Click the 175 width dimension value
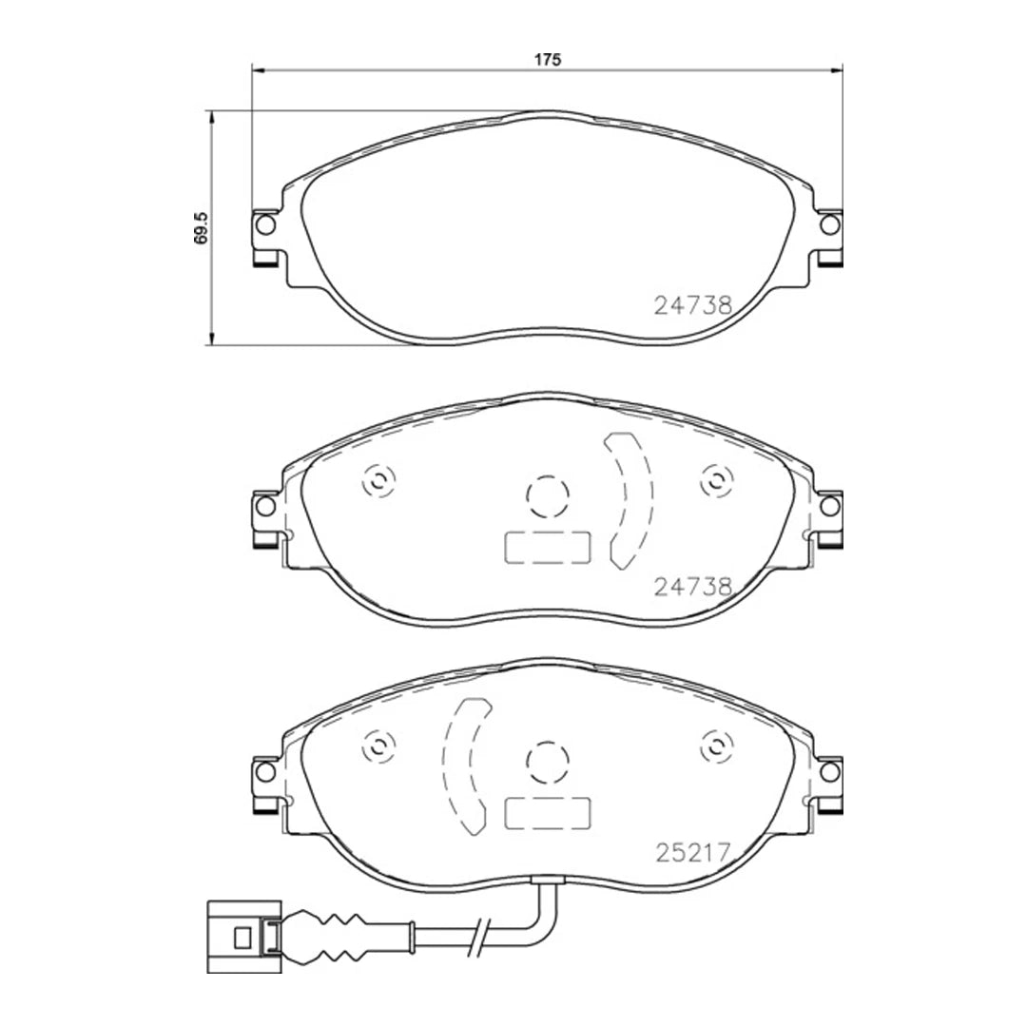[547, 59]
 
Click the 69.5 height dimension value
[201, 228]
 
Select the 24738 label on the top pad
[692, 305]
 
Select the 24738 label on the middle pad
[692, 587]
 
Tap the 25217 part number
[692, 852]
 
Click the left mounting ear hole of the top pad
[265, 224]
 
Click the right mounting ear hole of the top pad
[829, 224]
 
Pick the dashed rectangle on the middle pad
[547, 547]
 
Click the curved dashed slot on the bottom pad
[463, 764]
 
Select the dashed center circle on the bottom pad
[547, 760]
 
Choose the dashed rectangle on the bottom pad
[547, 812]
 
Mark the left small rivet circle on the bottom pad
[378, 746]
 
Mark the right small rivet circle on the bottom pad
[714, 746]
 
